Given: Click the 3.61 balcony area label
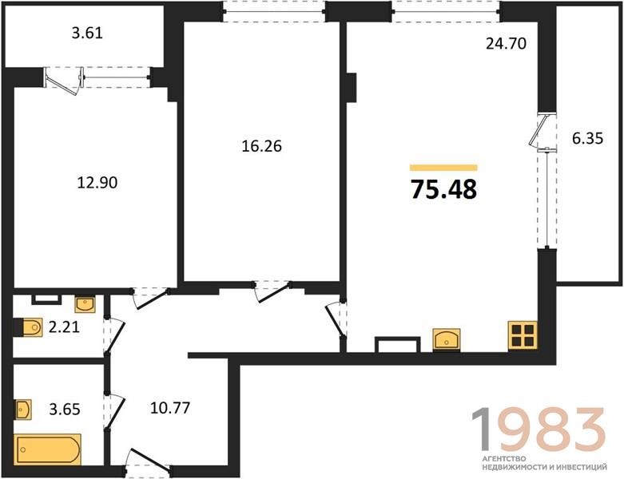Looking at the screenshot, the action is click(x=87, y=33).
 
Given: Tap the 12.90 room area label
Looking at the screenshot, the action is click(x=97, y=183).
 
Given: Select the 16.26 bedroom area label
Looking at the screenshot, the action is click(x=262, y=146).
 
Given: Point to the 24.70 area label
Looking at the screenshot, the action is click(x=507, y=43).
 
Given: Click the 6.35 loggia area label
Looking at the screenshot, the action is click(x=588, y=139).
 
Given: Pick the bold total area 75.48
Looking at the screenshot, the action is click(x=443, y=189).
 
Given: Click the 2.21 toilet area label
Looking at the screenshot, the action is click(x=64, y=327).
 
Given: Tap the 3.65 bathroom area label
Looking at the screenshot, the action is click(x=65, y=409).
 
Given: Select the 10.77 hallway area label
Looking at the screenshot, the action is click(x=170, y=408).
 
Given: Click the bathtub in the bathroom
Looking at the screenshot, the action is click(x=47, y=449).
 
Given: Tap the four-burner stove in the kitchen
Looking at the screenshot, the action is click(x=523, y=335).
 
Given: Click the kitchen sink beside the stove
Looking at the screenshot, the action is click(x=447, y=339).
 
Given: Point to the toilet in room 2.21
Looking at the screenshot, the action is click(x=29, y=327).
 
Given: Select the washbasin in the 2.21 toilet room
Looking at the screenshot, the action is click(x=85, y=304).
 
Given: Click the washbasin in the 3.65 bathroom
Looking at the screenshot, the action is click(x=23, y=410).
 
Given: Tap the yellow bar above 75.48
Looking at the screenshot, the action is click(x=443, y=168).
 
